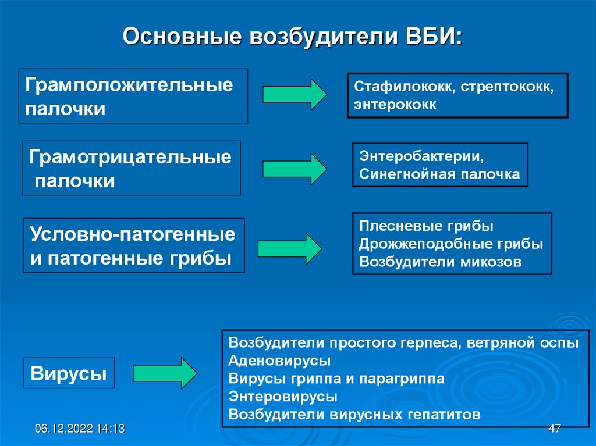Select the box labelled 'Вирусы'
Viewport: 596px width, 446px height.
[69, 373]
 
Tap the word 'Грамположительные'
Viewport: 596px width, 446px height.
[129, 85]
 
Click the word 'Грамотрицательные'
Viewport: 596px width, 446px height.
[131, 156]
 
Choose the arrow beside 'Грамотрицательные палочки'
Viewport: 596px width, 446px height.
[295, 169]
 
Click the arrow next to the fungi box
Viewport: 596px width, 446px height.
[289, 248]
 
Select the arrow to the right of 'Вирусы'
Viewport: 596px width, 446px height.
[165, 373]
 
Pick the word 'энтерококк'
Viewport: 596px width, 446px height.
[395, 105]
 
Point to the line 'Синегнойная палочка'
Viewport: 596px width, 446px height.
[439, 174]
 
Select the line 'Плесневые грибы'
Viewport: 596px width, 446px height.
[427, 226]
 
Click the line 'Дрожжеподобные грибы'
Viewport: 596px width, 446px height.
[452, 244]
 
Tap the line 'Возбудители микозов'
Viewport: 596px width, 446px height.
[441, 262]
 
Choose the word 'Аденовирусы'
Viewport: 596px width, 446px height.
[280, 361]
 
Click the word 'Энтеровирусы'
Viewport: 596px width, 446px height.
[283, 397]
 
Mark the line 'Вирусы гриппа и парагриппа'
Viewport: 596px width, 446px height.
[337, 379]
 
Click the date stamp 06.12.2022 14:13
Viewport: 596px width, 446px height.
[80, 429]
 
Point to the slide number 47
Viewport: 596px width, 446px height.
[554, 429]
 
